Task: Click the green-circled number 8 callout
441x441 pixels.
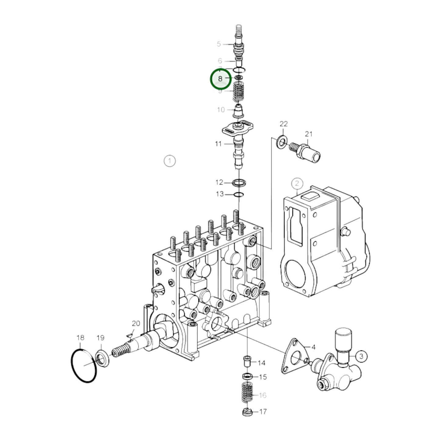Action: (x=220, y=79)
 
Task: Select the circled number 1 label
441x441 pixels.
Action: (x=170, y=161)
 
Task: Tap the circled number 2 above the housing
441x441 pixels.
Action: (x=297, y=183)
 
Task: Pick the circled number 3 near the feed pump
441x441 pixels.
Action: (x=361, y=356)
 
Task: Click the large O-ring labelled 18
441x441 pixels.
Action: (x=84, y=366)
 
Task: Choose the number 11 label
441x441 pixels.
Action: (x=218, y=143)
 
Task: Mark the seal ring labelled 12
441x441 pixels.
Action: (x=239, y=183)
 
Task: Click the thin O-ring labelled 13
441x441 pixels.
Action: (x=238, y=194)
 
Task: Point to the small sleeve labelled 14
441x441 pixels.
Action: (x=247, y=362)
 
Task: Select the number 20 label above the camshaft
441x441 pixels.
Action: (x=136, y=323)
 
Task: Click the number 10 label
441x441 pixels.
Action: (x=221, y=110)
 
